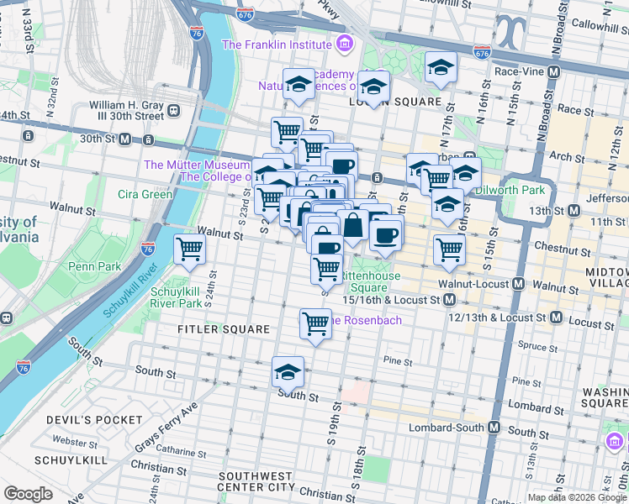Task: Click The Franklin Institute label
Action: tap(275, 45)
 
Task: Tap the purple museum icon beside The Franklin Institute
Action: tap(343, 44)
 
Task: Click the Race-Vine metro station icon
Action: tap(553, 72)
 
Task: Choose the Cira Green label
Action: tap(145, 194)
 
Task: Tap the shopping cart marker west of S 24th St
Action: tap(190, 249)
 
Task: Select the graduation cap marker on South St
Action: tap(288, 371)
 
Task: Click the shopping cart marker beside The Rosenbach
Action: tap(315, 323)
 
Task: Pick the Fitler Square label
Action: tap(223, 329)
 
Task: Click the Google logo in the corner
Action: tap(28, 494)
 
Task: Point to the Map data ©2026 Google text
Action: tap(577, 497)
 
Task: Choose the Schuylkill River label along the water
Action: tap(130, 289)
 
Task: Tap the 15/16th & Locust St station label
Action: tap(392, 300)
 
